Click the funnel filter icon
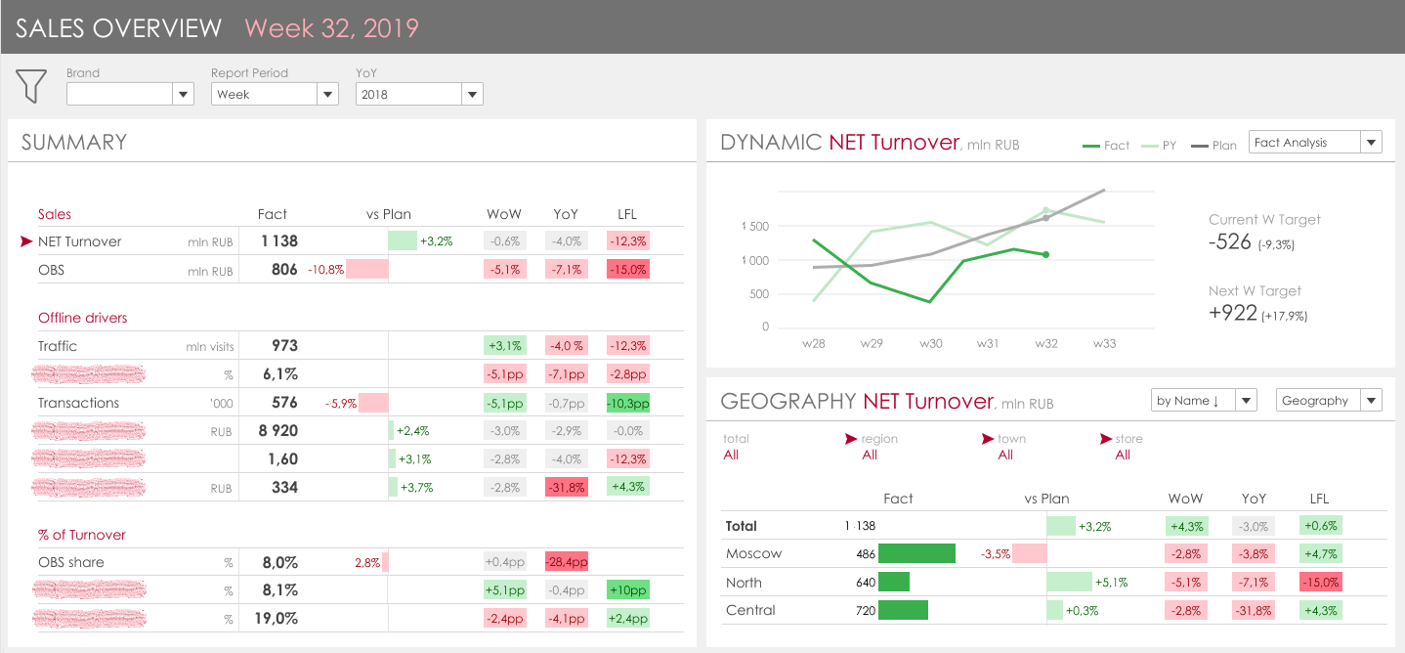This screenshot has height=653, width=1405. tap(31, 85)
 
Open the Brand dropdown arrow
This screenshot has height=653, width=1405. tap(183, 94)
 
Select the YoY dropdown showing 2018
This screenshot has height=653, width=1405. tap(419, 94)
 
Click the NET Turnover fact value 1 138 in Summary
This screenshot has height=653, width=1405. tap(279, 241)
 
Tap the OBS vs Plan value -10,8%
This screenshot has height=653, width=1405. tap(326, 270)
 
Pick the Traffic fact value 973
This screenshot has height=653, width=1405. tap(284, 346)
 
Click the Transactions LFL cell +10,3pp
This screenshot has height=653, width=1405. tap(627, 403)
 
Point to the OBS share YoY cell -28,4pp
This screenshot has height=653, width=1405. tap(567, 562)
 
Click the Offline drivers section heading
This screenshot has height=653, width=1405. tap(83, 318)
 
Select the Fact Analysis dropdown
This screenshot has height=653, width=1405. tap(1315, 143)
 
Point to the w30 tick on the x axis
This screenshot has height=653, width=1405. tap(929, 344)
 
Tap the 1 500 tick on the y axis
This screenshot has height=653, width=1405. tap(755, 227)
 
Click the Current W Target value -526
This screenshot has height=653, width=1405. tap(1230, 242)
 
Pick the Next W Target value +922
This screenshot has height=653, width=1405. tap(1233, 314)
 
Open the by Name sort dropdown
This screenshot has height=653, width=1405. tap(1204, 401)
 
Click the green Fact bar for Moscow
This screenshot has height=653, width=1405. tap(916, 554)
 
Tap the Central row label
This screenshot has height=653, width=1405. tap(750, 610)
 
